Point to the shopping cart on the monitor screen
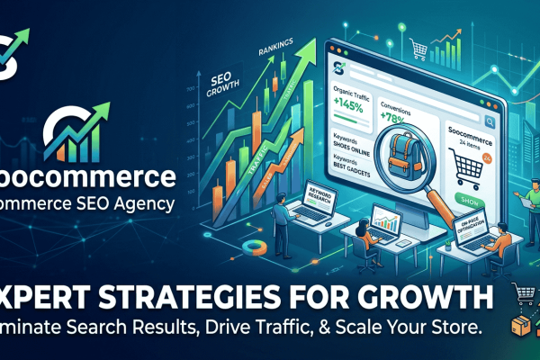pos(464,165)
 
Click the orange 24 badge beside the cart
pos(487,157)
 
